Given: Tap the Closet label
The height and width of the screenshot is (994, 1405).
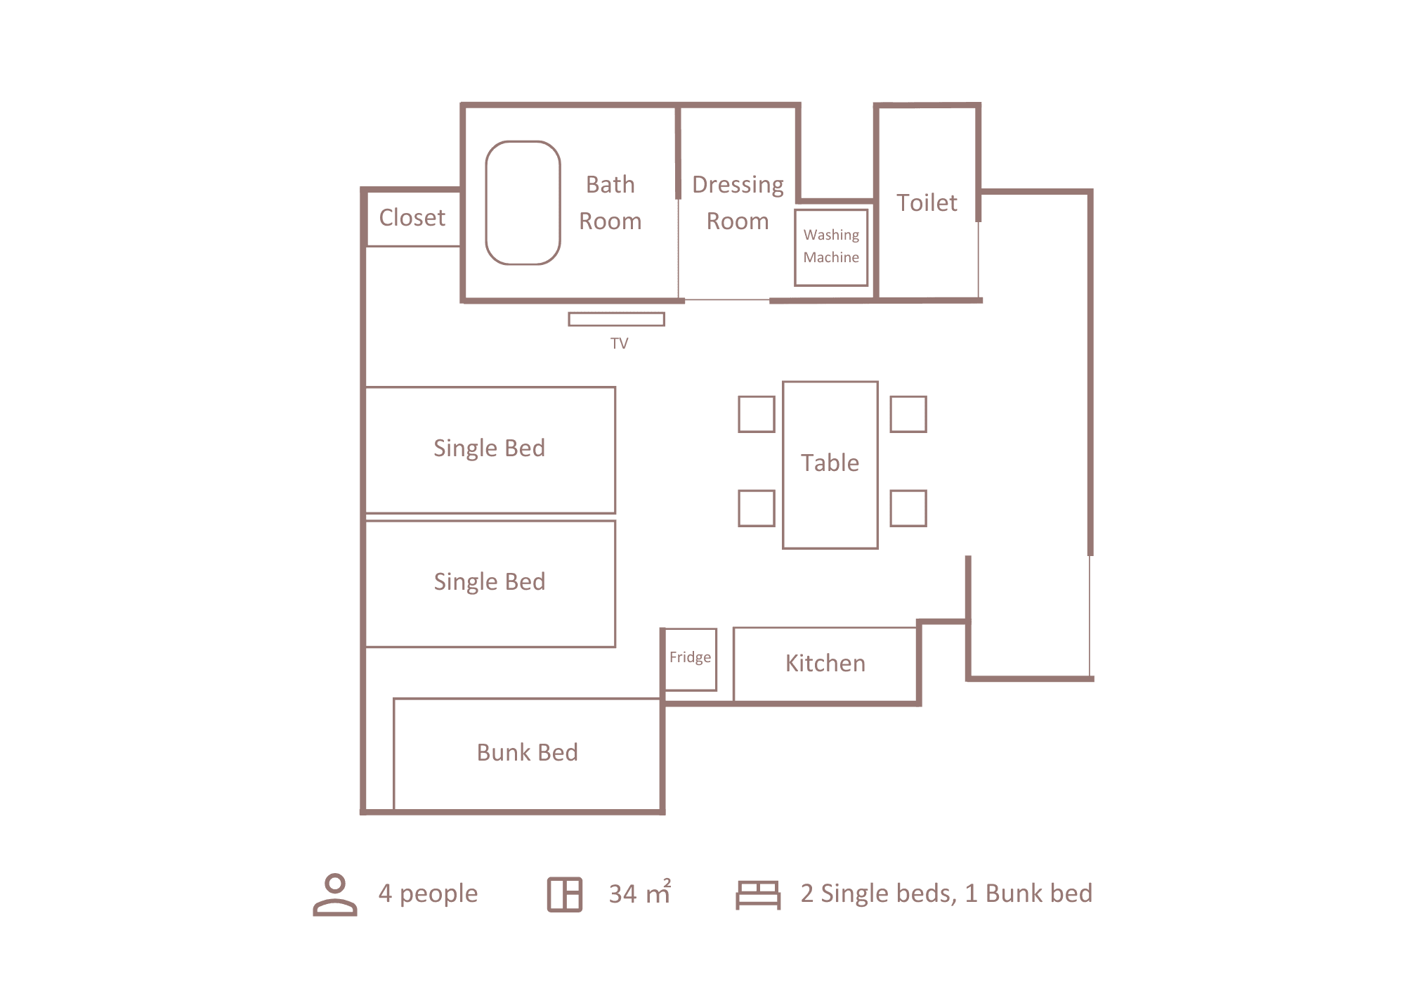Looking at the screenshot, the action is tap(412, 218).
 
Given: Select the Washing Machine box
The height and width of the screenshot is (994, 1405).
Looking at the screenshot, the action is tap(831, 247).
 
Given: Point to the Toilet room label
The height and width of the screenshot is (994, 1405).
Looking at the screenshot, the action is tap(927, 202).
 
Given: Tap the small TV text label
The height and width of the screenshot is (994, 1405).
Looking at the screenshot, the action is tap(619, 343).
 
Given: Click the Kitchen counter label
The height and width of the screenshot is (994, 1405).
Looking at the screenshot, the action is tap(825, 663).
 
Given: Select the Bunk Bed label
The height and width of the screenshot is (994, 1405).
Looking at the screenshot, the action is tap(528, 752).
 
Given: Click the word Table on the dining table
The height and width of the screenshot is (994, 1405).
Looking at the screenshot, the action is tap(830, 463).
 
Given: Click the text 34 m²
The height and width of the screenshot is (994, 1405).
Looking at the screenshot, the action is tap(640, 893).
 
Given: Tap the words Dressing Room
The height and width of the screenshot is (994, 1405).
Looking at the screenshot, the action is tap(738, 202).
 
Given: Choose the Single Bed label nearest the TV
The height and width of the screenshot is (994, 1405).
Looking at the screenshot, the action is tap(490, 448).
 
